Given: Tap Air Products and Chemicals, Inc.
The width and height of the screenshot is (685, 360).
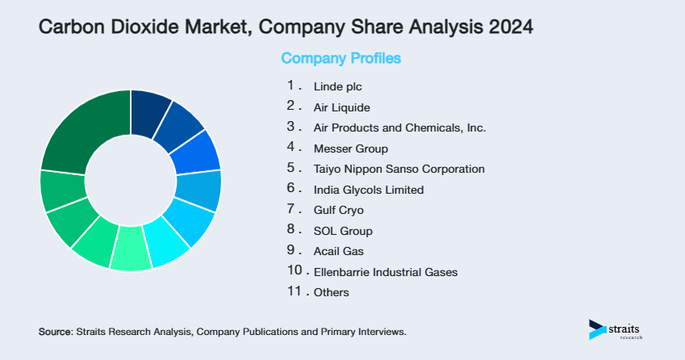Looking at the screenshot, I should [399, 128].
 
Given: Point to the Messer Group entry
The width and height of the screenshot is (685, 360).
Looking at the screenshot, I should [350, 149].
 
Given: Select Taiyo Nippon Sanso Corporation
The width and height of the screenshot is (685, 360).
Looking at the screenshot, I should [399, 170].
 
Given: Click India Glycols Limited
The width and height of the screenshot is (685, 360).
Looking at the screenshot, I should [368, 190].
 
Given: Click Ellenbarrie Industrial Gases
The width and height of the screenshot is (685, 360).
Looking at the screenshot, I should [385, 272].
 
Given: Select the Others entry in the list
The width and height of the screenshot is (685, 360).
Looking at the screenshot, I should [331, 292].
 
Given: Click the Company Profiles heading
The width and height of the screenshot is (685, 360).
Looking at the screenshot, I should [340, 59].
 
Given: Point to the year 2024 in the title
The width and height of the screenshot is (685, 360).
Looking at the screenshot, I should [510, 27].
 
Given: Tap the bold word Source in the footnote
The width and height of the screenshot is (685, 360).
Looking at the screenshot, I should [55, 332].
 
